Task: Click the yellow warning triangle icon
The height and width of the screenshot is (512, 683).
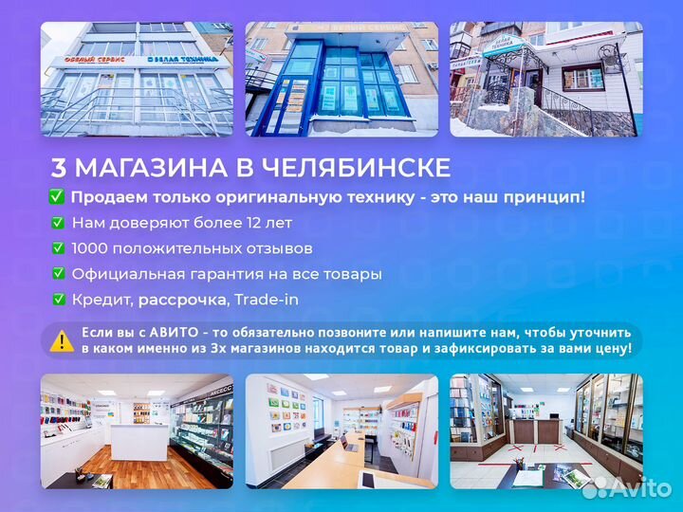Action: pos(62,340)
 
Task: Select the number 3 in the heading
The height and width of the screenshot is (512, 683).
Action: pos(58,169)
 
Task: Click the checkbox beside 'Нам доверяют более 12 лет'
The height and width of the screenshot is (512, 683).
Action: pos(59,223)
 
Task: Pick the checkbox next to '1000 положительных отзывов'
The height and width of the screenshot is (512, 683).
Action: pos(59,248)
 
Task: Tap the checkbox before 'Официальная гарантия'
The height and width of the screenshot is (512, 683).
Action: pos(59,274)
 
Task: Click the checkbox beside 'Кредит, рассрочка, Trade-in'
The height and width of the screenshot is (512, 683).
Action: pos(59,300)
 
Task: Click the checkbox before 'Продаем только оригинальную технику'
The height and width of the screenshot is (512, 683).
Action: pos(57,197)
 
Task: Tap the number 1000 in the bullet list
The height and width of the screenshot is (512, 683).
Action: pos(92,248)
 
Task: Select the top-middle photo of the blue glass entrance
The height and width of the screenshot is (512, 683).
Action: pos(341,79)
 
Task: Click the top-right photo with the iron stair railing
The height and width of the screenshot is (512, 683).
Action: pos(545,79)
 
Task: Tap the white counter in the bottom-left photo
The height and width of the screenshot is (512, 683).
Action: pos(138,442)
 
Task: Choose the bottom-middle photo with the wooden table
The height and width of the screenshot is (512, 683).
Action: pos(341,431)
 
